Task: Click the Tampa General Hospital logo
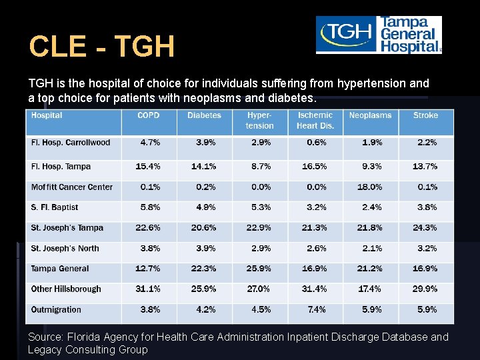tap(378, 35)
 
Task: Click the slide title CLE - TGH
tap(101, 47)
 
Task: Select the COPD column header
tap(149, 115)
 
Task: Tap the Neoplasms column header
tap(370, 115)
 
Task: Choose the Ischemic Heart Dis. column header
tap(315, 121)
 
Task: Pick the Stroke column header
tap(425, 115)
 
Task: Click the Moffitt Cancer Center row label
tap(72, 187)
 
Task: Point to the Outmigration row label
tap(56, 310)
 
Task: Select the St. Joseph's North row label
tap(65, 249)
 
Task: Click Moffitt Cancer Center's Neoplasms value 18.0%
tap(370, 187)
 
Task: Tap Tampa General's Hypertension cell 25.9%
tap(259, 269)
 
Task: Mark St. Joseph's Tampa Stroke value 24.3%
tap(425, 228)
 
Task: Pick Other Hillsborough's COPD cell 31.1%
tap(148, 289)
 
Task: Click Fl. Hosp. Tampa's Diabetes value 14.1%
tap(203, 167)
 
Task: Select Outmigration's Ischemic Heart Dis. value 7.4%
tap(316, 310)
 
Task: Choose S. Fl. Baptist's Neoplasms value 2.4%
tap(371, 207)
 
